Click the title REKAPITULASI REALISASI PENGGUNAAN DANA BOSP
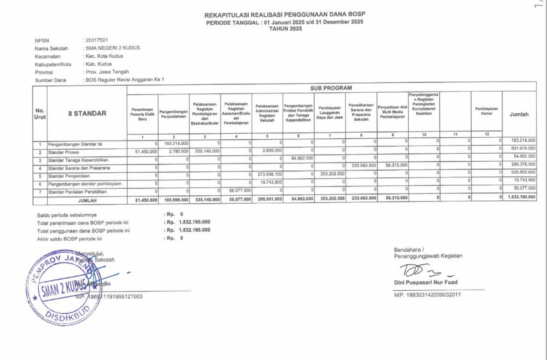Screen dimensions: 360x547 click(284, 15)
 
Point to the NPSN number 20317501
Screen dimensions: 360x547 click(97, 40)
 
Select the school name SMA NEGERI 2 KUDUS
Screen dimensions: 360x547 click(112, 48)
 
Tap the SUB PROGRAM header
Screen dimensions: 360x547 click(331, 88)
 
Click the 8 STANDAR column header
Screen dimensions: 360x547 click(87, 114)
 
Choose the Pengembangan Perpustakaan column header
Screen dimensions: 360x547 click(173, 114)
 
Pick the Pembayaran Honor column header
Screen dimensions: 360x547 click(486, 111)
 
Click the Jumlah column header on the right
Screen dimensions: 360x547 click(519, 114)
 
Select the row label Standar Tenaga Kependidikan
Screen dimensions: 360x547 click(78, 160)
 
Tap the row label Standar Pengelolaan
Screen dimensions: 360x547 click(69, 176)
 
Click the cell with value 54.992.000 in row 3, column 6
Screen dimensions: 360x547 click(302, 158)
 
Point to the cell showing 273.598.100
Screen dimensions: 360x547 click(270, 174)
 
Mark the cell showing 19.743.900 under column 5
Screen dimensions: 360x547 click(271, 182)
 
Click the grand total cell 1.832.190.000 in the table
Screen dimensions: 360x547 click(521, 197)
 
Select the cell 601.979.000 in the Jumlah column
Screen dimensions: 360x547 click(523, 149)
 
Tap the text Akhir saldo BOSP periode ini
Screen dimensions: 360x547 click(69, 239)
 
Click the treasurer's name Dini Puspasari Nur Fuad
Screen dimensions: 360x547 click(425, 282)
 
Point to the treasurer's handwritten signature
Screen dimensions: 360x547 click(424, 271)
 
